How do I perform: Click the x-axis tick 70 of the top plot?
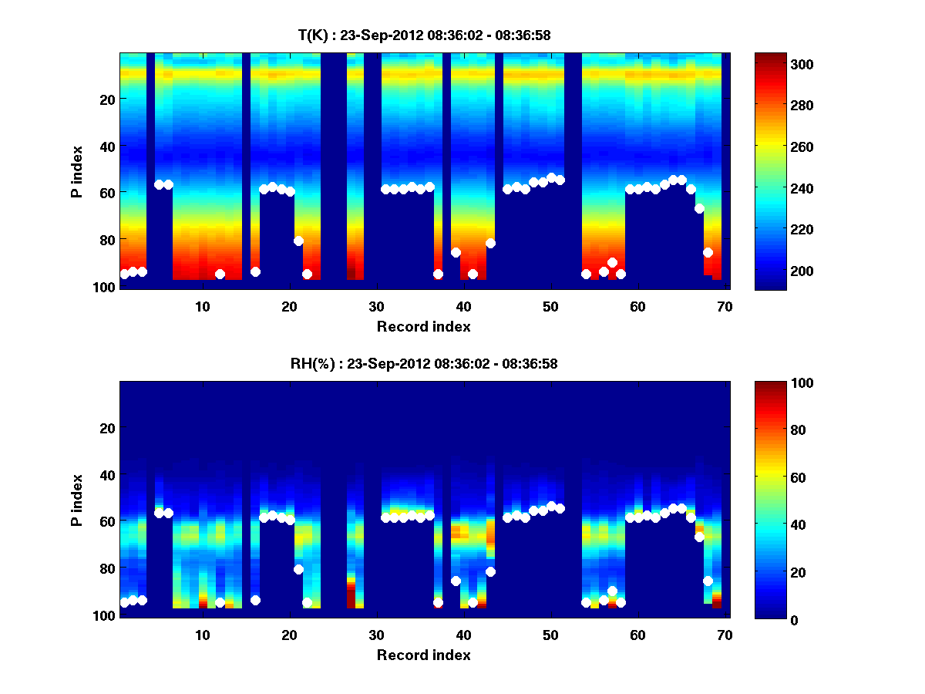pos(725,306)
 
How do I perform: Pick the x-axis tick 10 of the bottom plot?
pos(202,635)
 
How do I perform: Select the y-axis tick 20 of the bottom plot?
pos(108,428)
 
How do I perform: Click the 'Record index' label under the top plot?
pos(423,326)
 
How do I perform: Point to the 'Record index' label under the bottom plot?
pos(423,655)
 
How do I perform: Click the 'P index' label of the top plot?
pos(77,171)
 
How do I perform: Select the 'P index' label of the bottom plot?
pos(77,500)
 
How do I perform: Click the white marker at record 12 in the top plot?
pos(220,274)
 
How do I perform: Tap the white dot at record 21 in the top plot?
pos(298,241)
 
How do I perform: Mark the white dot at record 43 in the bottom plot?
pos(490,571)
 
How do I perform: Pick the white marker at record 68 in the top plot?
pos(708,252)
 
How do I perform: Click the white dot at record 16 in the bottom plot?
pos(255,600)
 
